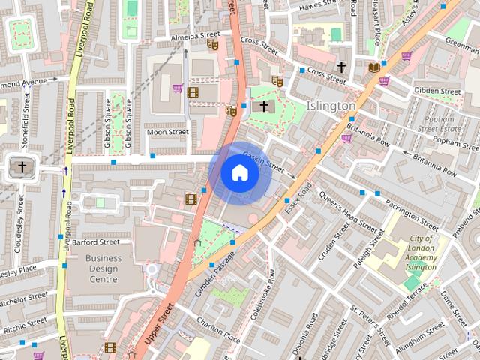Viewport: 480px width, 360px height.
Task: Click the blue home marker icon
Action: coord(239,173)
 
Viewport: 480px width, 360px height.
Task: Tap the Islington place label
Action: coord(331,106)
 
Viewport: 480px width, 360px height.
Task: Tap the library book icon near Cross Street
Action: coord(373,67)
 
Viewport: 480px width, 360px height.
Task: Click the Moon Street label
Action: coord(167,132)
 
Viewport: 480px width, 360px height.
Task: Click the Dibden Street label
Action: coord(437,91)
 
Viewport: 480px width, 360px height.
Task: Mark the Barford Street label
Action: coord(96,242)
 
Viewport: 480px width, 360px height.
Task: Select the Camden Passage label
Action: coord(215,268)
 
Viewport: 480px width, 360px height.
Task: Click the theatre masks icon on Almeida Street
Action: coord(212,44)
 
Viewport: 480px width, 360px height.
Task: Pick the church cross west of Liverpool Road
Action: coord(22,166)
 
